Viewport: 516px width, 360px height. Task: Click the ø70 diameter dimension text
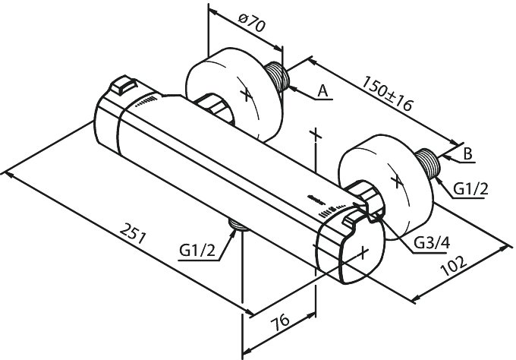251,22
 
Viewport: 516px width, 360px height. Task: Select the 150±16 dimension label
387,93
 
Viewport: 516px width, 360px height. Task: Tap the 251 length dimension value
132,233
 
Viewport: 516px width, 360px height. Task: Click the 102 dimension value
454,266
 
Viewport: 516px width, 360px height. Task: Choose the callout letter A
323,91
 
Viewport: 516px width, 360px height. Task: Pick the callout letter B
467,153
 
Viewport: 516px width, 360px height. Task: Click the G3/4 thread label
432,243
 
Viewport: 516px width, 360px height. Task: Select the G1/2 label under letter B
470,189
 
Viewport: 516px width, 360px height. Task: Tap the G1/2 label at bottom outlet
197,251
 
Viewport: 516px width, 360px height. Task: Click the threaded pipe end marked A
277,76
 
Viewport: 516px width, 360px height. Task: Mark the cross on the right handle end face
363,253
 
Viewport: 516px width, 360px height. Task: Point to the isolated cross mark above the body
316,134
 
